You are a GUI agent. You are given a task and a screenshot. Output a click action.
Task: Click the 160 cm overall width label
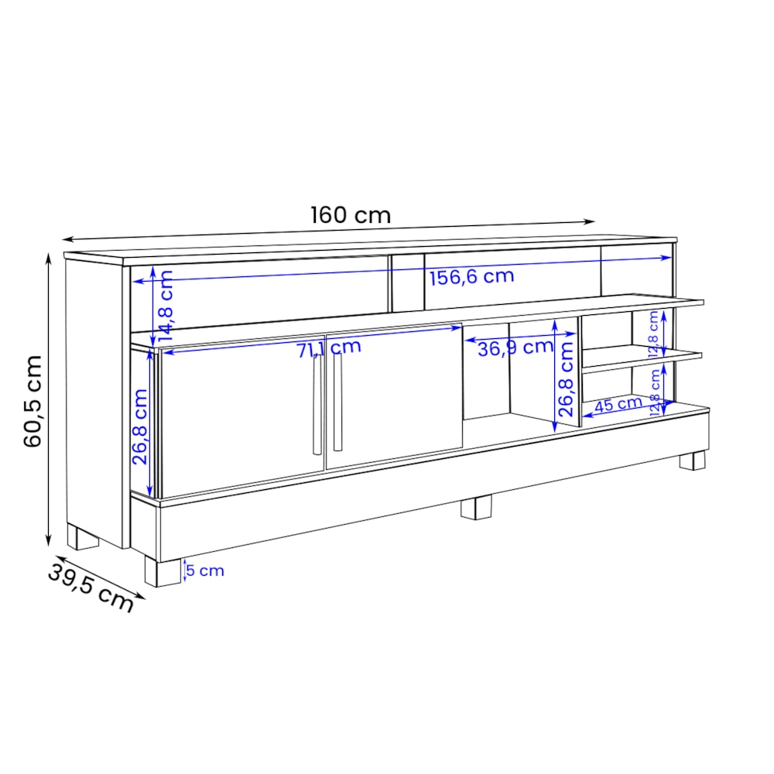351,214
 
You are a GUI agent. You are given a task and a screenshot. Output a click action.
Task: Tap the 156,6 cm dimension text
471,276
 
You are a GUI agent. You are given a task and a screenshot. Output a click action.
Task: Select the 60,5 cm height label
33,401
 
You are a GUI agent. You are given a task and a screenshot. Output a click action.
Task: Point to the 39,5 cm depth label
91,587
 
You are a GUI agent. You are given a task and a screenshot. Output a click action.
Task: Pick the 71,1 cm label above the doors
329,348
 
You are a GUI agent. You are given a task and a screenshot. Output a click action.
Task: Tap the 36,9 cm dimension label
515,348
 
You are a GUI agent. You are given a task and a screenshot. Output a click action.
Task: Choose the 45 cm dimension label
618,403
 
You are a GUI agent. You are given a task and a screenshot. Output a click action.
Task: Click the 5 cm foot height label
205,571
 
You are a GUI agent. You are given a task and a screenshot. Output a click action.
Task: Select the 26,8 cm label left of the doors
139,426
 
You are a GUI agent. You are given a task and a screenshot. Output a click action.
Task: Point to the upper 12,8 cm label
654,328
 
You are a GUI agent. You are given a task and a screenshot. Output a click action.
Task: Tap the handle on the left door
317,406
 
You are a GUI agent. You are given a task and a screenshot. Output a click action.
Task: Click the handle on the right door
337,402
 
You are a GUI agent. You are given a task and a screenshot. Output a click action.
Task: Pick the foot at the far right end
692,461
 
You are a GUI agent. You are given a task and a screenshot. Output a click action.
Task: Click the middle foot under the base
476,507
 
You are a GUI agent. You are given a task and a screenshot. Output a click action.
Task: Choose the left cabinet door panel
241,418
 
